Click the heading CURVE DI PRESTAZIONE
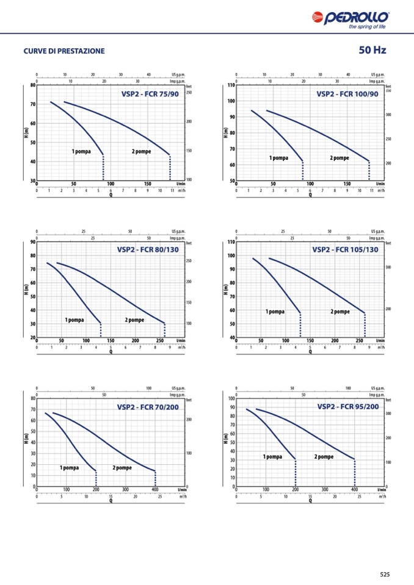[64, 51]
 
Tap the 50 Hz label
[372, 50]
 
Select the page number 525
[384, 574]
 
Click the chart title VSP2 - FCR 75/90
[150, 94]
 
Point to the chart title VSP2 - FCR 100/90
[347, 94]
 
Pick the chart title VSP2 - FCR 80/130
[148, 249]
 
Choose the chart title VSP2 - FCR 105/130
[345, 249]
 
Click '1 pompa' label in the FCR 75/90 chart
[81, 151]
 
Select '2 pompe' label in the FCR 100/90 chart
[340, 158]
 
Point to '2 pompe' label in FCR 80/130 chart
[134, 320]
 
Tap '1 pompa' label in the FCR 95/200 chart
[272, 456]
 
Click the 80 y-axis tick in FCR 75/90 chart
[32, 85]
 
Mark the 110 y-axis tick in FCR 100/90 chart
[231, 85]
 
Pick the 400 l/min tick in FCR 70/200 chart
[154, 490]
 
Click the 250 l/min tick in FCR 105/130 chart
[359, 340]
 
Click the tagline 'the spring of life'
[367, 27]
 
